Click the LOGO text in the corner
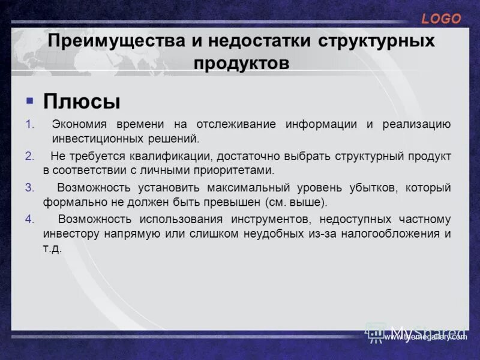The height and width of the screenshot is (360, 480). pyautogui.click(x=441, y=19)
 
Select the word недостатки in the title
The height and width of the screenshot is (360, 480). pyautogui.click(x=260, y=41)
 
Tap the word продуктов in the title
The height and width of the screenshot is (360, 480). pyautogui.click(x=241, y=62)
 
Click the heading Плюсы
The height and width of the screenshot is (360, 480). pyautogui.click(x=82, y=101)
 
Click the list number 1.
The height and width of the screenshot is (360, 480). pyautogui.click(x=29, y=124)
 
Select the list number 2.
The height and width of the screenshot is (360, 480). pyautogui.click(x=29, y=156)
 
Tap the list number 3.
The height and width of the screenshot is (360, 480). pyautogui.click(x=29, y=187)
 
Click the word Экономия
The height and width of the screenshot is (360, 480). pyautogui.click(x=79, y=124)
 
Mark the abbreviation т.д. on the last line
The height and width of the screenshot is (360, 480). pyautogui.click(x=53, y=248)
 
